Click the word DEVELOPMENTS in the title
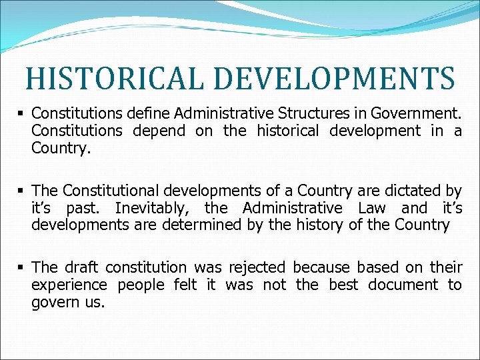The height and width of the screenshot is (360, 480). [x=339, y=79]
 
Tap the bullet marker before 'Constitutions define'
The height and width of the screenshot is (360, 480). [x=23, y=114]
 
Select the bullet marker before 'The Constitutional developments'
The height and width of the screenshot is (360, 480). [x=23, y=191]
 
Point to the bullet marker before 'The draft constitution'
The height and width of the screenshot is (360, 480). [x=23, y=268]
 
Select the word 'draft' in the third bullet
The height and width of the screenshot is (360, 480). [x=83, y=267]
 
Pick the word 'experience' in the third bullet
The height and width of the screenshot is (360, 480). [x=69, y=285]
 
